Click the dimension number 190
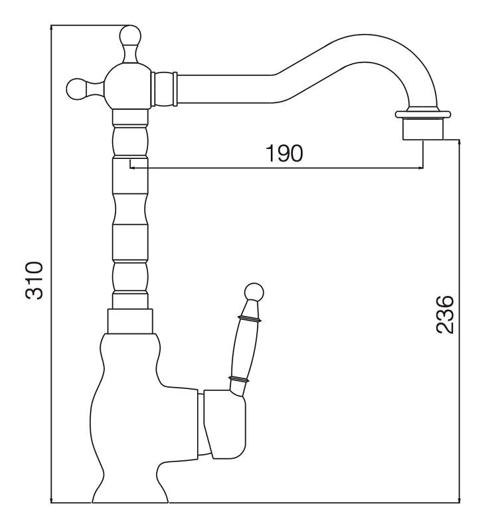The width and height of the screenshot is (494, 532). point(284,153)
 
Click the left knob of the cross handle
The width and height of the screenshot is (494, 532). point(76,86)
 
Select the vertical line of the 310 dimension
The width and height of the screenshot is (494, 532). point(51,266)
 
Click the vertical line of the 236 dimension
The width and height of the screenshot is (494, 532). point(459,319)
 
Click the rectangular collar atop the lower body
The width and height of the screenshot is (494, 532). point(130,322)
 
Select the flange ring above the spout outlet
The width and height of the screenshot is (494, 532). point(423,112)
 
